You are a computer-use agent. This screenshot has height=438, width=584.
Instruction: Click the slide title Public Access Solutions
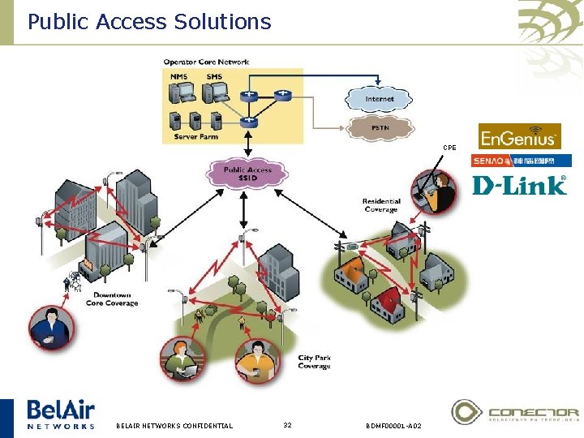click(x=149, y=21)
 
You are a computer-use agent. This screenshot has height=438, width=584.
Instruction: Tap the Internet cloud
click(x=378, y=99)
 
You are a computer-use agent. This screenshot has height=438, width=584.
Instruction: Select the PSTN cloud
click(x=379, y=127)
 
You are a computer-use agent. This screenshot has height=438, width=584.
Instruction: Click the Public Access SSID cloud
click(x=247, y=174)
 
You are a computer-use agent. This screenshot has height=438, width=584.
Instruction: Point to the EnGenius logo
click(x=519, y=135)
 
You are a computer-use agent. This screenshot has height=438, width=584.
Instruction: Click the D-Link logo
click(x=519, y=186)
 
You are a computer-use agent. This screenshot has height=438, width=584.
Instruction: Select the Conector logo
click(x=515, y=412)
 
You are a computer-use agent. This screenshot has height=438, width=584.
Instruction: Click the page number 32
click(x=287, y=425)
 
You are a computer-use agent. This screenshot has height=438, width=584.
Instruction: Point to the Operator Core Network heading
click(x=206, y=62)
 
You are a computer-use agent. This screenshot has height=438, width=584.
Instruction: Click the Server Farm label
click(x=195, y=137)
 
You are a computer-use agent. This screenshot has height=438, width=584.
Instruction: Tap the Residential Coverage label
click(x=381, y=205)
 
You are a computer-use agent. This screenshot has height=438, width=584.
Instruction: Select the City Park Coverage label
click(x=314, y=362)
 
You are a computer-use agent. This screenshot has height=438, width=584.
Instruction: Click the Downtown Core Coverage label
click(x=112, y=299)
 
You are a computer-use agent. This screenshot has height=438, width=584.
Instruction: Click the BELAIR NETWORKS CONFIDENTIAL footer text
click(x=174, y=425)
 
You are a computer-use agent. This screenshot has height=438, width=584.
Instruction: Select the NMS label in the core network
click(x=178, y=77)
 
